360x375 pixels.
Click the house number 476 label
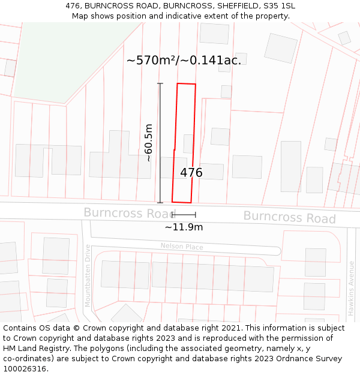[x=191, y=173]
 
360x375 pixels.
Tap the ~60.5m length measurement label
[x=149, y=143]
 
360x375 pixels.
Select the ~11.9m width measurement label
[x=184, y=227]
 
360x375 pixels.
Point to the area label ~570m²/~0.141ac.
[x=184, y=60]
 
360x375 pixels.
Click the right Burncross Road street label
[x=289, y=217]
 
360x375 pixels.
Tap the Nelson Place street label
[x=182, y=247]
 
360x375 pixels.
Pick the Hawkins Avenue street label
[x=352, y=288]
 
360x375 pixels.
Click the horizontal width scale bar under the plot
[x=184, y=214]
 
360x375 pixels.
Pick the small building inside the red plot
[x=188, y=144]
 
